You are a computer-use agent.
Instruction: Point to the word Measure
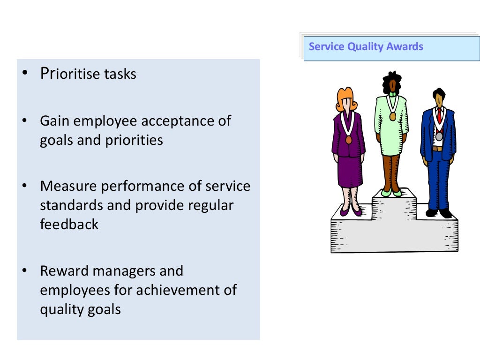[x=69, y=186]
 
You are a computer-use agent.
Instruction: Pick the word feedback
[x=69, y=224]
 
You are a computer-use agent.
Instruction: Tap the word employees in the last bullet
[x=75, y=290]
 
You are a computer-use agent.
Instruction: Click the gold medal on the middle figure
[x=392, y=116]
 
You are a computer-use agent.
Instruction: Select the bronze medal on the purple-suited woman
[x=348, y=139]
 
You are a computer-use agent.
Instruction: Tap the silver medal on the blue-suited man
[x=439, y=136]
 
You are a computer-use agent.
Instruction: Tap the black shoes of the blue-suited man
[x=439, y=213]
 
